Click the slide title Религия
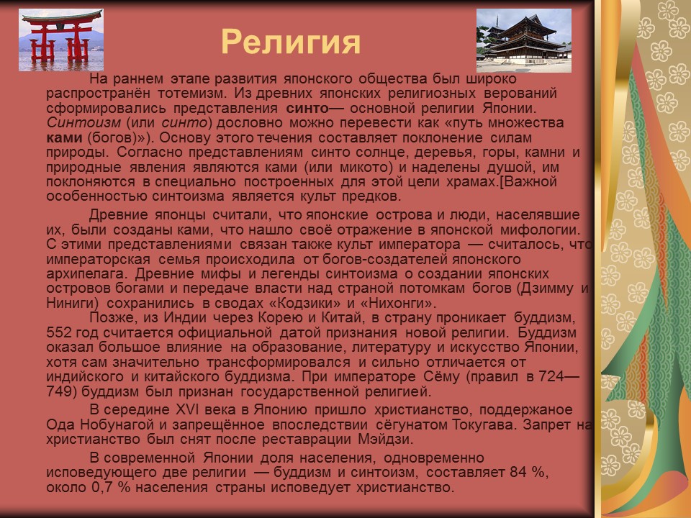pyautogui.click(x=290, y=41)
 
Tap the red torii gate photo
pyautogui.click(x=60, y=40)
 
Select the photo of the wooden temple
pyautogui.click(x=523, y=40)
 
